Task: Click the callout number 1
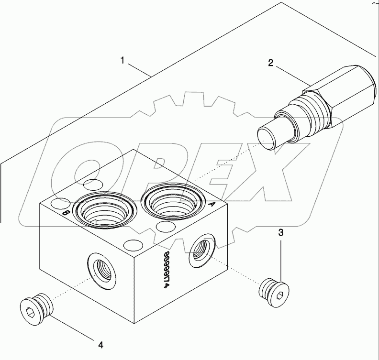(x=123, y=61)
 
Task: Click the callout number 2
(x=270, y=63)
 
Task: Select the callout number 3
(x=281, y=233)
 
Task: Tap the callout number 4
(x=101, y=343)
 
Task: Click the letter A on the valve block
(x=210, y=203)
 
